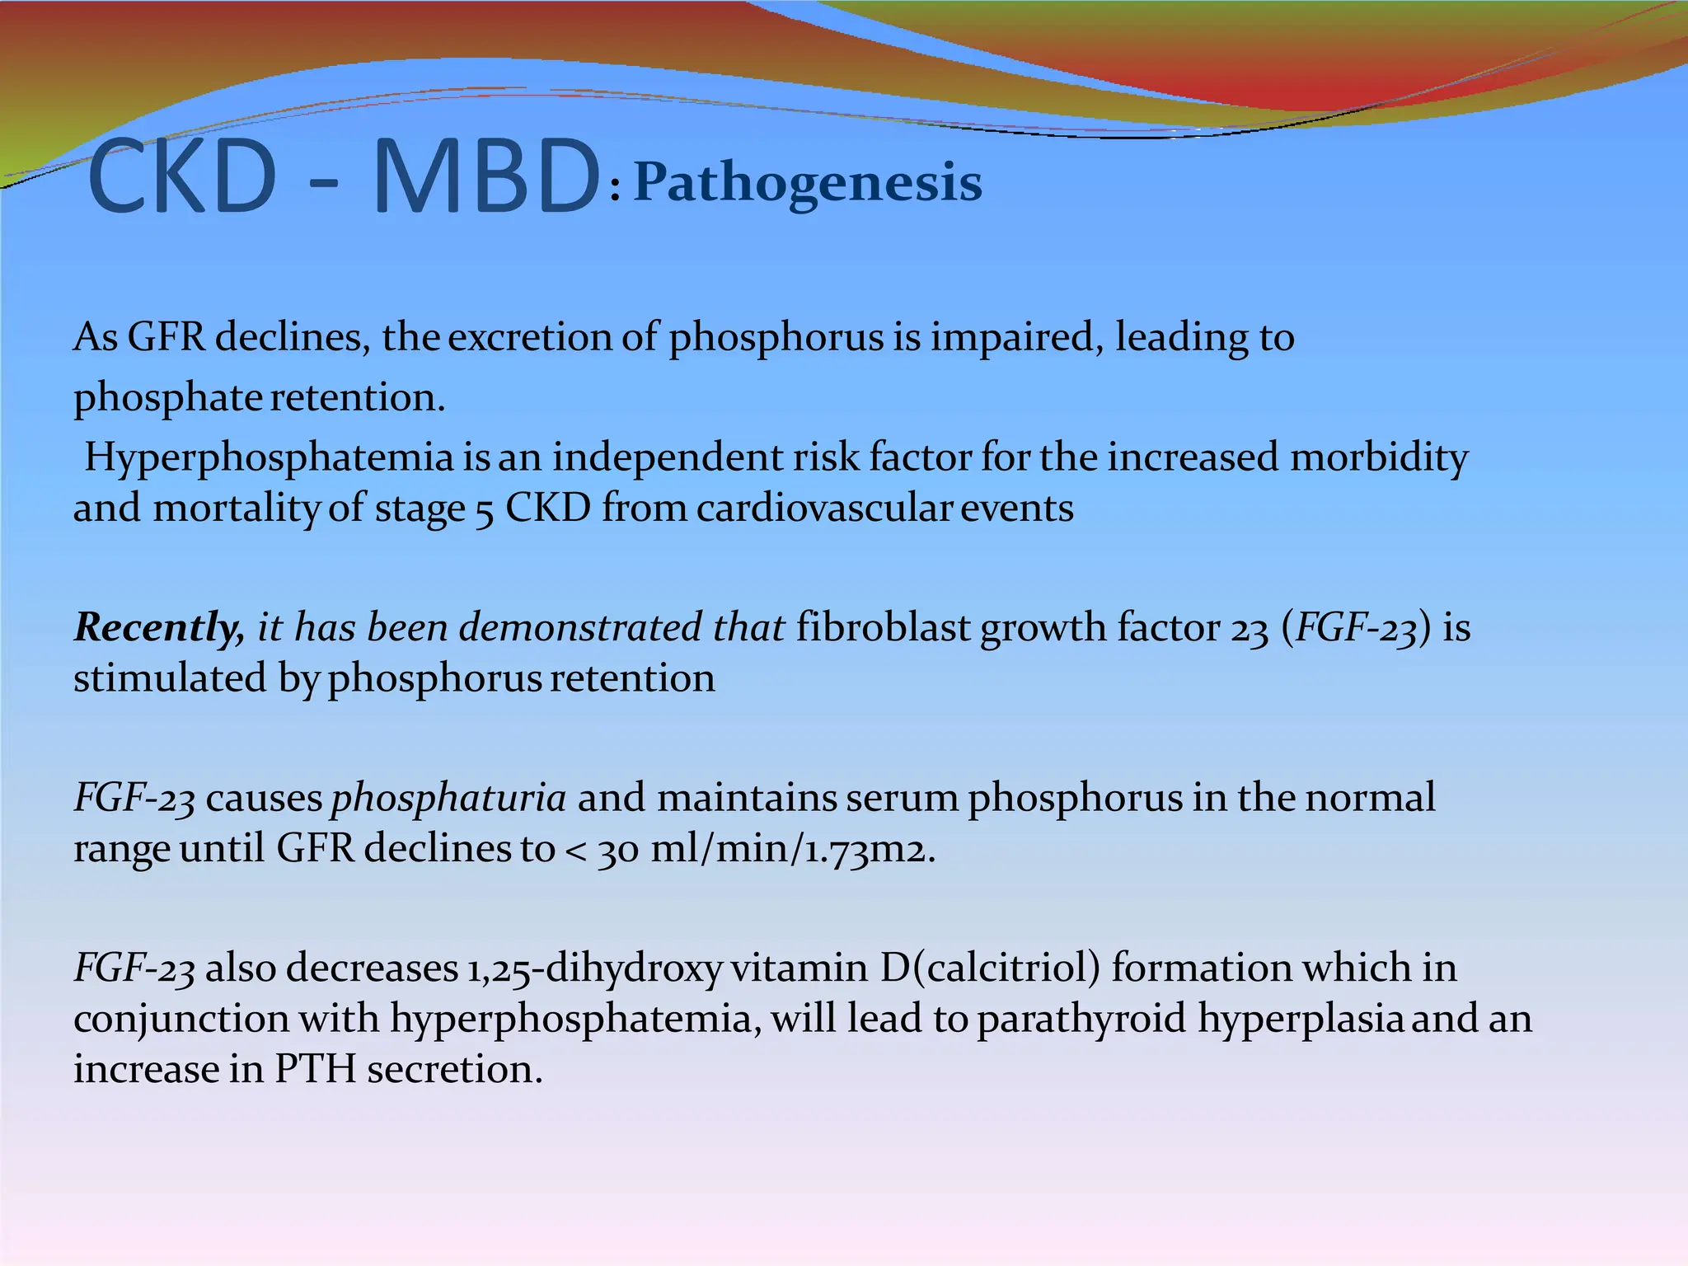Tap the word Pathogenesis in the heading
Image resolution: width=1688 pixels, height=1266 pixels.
808,183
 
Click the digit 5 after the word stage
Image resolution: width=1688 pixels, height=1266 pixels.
484,511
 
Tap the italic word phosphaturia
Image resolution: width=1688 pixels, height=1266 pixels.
448,799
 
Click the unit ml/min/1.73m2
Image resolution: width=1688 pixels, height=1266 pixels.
792,849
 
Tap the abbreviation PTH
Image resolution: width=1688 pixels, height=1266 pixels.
315,1070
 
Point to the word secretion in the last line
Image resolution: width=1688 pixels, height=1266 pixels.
454,1070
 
